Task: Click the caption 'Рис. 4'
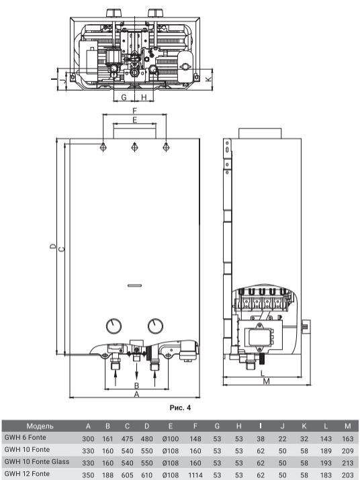point(180,407)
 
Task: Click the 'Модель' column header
point(40,426)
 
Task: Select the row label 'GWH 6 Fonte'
point(25,438)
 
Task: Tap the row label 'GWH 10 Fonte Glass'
point(37,462)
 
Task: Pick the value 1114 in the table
point(195,475)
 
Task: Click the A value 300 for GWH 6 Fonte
point(88,438)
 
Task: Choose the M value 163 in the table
point(348,438)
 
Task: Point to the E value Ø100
point(171,438)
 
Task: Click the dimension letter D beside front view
point(53,246)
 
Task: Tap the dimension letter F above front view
point(134,111)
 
